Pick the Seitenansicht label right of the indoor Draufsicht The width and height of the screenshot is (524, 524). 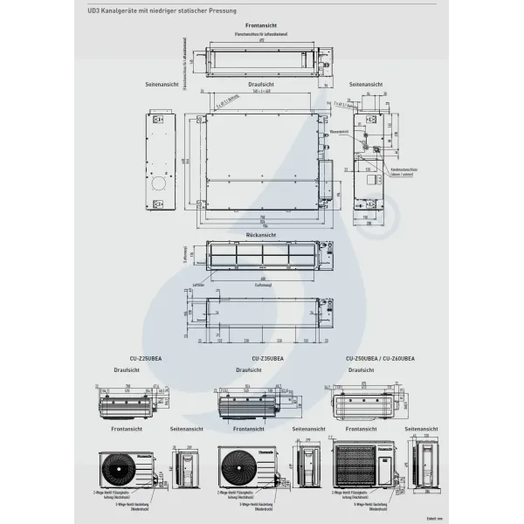363,84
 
